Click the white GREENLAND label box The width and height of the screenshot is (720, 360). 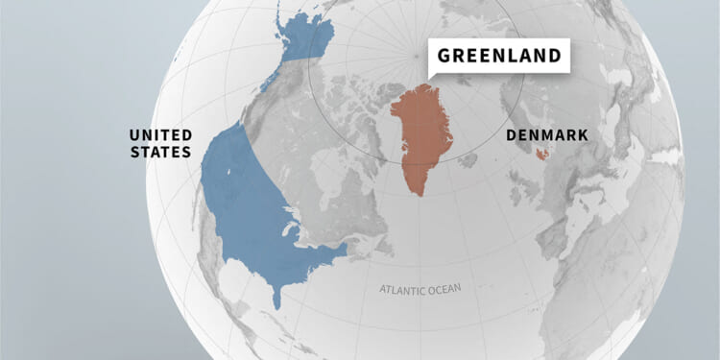(497, 56)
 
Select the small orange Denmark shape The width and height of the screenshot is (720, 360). (542, 154)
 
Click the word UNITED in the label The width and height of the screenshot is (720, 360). (160, 134)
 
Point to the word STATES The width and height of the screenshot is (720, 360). (161, 152)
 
